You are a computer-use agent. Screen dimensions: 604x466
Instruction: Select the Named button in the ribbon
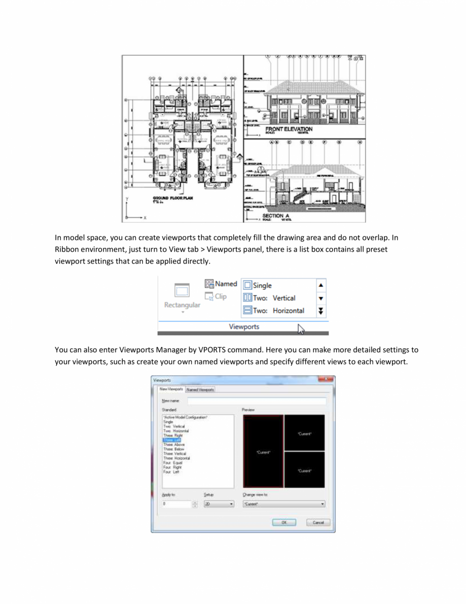click(x=221, y=284)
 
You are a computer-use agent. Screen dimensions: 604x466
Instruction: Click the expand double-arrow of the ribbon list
click(x=321, y=311)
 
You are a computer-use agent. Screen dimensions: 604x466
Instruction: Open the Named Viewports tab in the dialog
click(x=200, y=389)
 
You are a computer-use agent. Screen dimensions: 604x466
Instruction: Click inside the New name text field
click(x=256, y=401)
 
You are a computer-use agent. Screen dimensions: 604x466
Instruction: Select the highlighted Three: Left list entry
click(x=172, y=440)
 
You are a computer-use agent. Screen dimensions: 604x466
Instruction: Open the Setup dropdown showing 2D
click(x=219, y=504)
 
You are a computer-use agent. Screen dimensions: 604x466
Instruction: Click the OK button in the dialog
click(x=284, y=522)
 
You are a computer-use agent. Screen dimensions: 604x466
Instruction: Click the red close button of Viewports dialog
click(x=325, y=379)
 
